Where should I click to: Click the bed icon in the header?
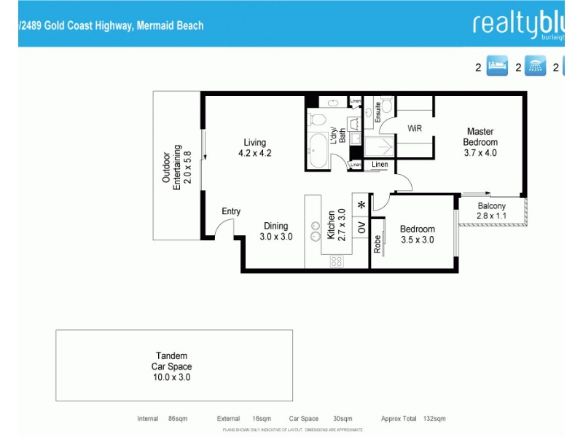tap(496, 67)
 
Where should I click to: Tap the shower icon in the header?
tap(536, 67)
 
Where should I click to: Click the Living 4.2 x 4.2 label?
tap(255, 148)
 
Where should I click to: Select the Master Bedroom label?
tap(481, 142)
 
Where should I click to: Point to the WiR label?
tap(415, 128)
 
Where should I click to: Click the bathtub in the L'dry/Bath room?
tap(318, 150)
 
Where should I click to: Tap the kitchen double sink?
tap(316, 231)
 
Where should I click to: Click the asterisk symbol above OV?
tap(361, 205)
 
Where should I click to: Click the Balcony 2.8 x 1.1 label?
tap(491, 211)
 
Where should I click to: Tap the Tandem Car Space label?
tap(171, 366)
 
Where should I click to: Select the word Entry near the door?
tap(231, 212)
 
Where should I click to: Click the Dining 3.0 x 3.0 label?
tap(276, 231)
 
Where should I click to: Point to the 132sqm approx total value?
tap(434, 419)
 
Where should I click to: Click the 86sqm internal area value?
tap(178, 419)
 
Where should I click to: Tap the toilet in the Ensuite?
tap(386, 107)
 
